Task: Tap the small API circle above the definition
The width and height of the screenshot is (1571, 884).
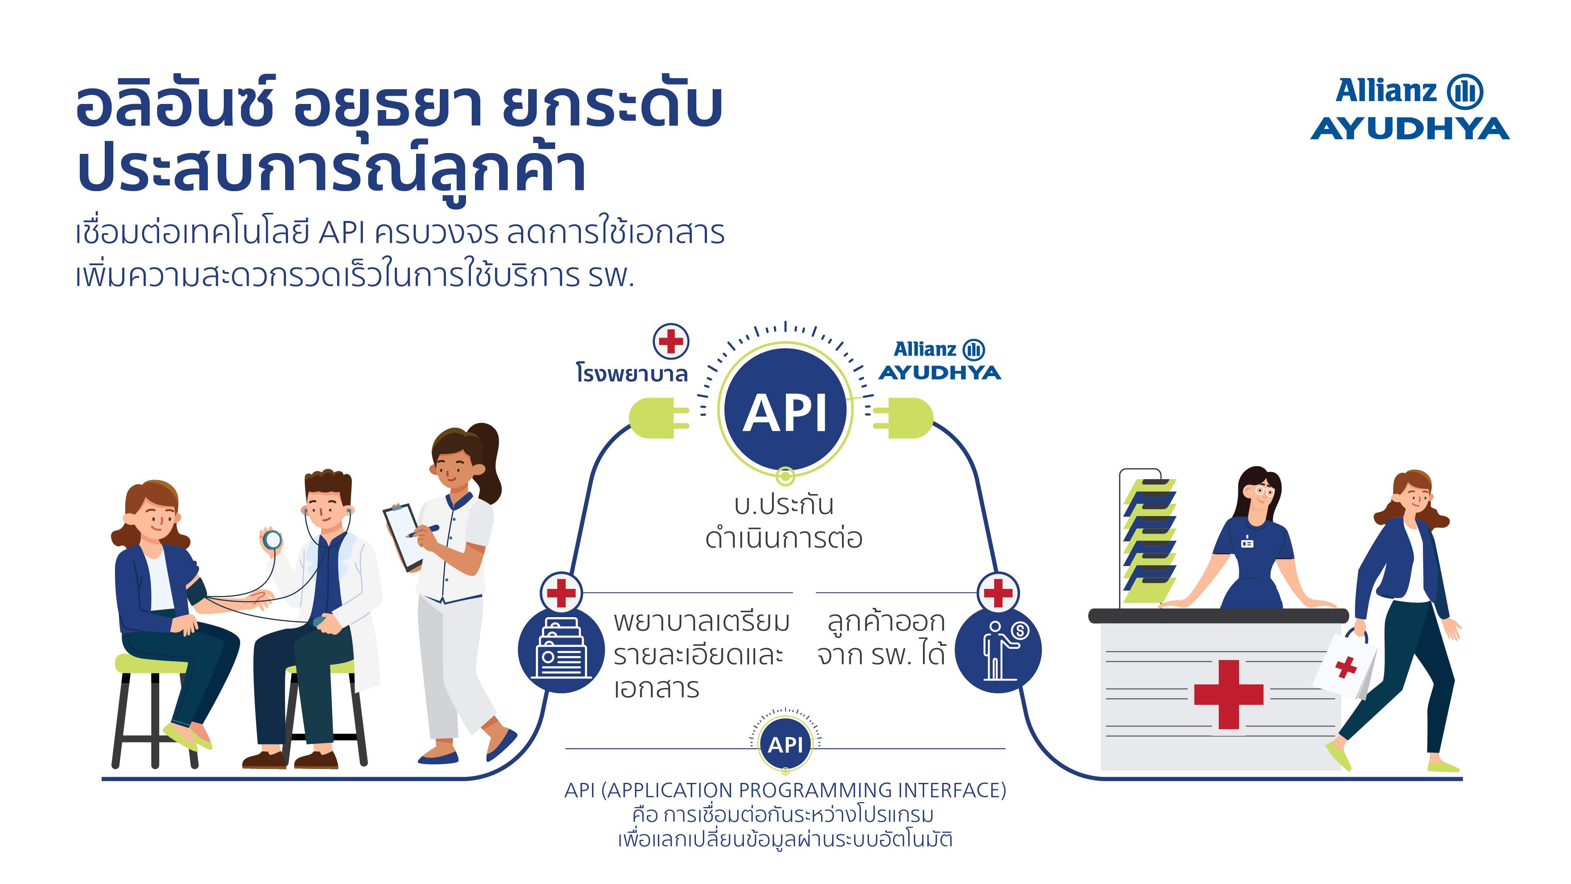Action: coord(785,744)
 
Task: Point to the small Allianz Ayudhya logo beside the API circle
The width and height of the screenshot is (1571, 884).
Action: coord(939,361)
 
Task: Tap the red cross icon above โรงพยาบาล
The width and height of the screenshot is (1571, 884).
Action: coord(671,341)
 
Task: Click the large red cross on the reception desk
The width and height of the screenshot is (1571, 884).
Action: coord(1228,694)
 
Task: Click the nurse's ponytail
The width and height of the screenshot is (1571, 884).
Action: coord(488,460)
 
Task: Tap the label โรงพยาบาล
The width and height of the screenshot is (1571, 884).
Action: coord(632,373)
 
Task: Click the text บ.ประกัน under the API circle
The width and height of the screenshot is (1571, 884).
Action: coord(784,505)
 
